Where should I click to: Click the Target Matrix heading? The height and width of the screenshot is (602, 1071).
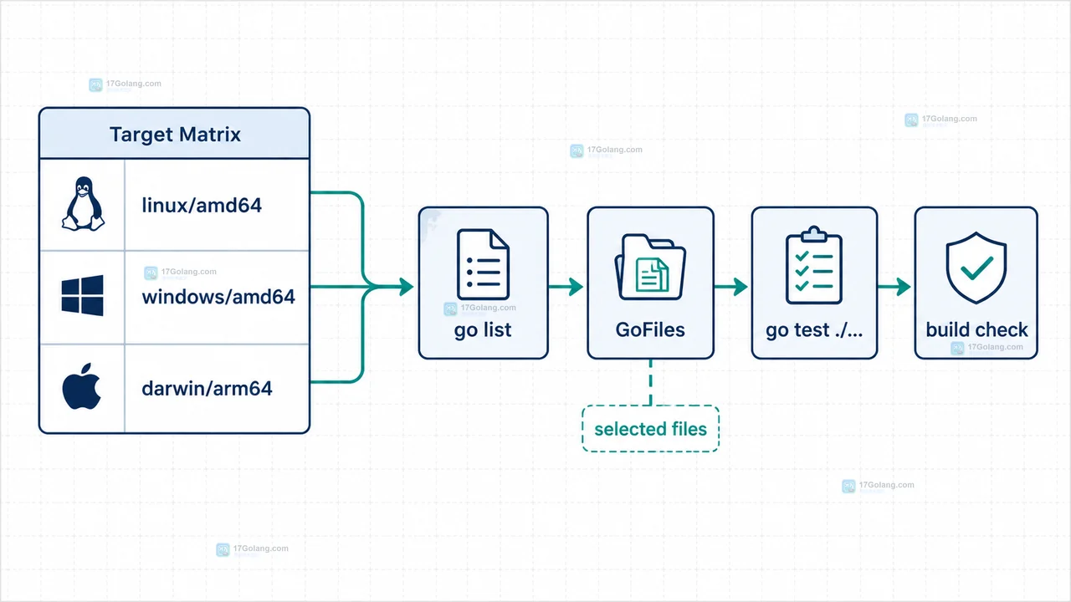(x=175, y=135)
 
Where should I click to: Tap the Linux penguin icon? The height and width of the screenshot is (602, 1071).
(x=83, y=204)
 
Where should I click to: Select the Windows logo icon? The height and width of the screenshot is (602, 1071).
(x=82, y=295)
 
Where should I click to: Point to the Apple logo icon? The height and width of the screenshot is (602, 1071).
(x=82, y=386)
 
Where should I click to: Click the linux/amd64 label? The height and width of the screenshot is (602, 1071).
(x=202, y=206)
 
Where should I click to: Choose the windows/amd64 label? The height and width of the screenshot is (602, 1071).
(x=218, y=297)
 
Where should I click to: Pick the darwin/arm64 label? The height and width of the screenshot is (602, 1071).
(x=207, y=389)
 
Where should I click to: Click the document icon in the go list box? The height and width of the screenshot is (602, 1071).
(x=483, y=264)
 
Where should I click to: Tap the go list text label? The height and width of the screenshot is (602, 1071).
(x=483, y=330)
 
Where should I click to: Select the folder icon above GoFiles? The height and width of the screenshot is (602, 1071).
(x=650, y=267)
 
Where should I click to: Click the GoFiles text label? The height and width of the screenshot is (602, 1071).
(x=650, y=329)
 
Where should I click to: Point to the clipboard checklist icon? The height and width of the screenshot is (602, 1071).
(x=814, y=265)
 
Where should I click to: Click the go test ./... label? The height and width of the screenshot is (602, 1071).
(x=814, y=330)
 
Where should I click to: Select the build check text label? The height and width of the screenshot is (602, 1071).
(x=976, y=329)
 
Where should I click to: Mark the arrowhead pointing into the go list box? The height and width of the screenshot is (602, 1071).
(x=407, y=287)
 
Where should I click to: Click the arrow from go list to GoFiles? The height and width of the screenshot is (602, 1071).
(x=566, y=287)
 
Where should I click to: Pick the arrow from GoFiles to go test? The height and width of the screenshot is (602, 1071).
(x=731, y=287)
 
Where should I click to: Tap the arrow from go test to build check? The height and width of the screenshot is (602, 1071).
(x=894, y=287)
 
